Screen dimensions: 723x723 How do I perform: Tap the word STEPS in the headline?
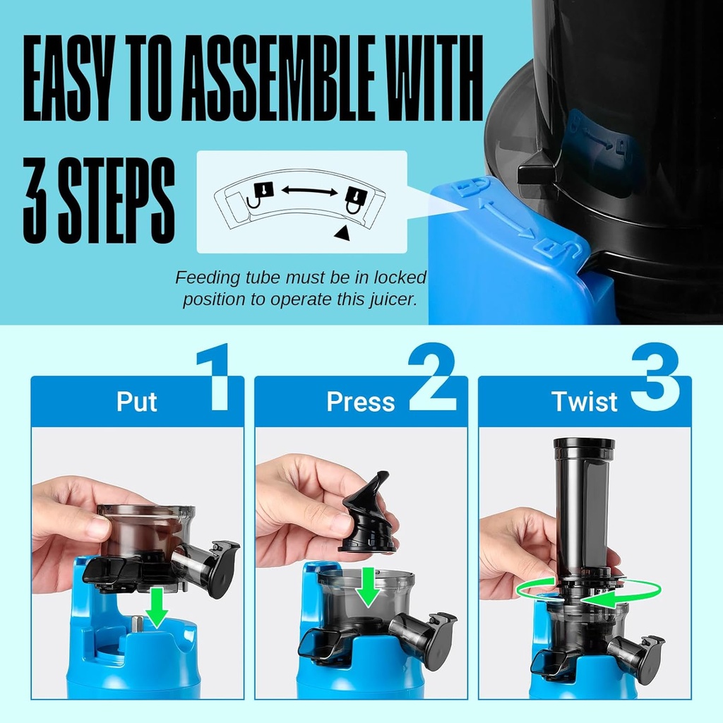pyautogui.click(x=114, y=191)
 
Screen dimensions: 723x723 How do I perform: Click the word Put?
pyautogui.click(x=137, y=402)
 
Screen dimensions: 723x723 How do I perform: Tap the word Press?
pyautogui.click(x=360, y=402)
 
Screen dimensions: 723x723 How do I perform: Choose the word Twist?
pyautogui.click(x=584, y=402)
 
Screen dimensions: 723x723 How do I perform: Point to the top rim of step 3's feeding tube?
pyautogui.click(x=584, y=443)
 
